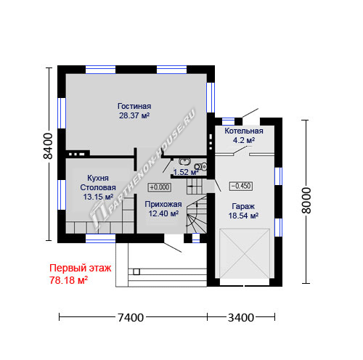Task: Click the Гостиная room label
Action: pyautogui.click(x=134, y=106)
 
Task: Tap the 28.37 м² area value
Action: pyautogui.click(x=134, y=115)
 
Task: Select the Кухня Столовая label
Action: pyautogui.click(x=98, y=183)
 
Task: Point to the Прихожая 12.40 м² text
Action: pyautogui.click(x=163, y=209)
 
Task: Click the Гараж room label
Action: pyautogui.click(x=243, y=206)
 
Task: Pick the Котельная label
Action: pyautogui.click(x=244, y=131)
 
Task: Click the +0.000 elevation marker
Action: pyautogui.click(x=160, y=187)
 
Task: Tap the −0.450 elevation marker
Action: pyautogui.click(x=241, y=186)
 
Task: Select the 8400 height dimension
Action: pyautogui.click(x=48, y=146)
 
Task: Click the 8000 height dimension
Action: pyautogui.click(x=306, y=200)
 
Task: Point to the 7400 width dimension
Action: pyautogui.click(x=131, y=318)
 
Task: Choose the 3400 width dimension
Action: pyautogui.click(x=241, y=318)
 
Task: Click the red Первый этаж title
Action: pyautogui.click(x=81, y=269)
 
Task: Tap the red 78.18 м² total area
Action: pyautogui.click(x=68, y=280)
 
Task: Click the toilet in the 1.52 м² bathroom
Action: pyautogui.click(x=201, y=166)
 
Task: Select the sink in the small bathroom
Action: pyautogui.click(x=184, y=161)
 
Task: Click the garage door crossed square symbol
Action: pyautogui.click(x=245, y=253)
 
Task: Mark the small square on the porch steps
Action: pyautogui.click(x=136, y=271)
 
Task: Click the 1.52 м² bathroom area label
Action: pyautogui.click(x=186, y=172)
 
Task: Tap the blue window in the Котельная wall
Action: pyautogui.click(x=229, y=121)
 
